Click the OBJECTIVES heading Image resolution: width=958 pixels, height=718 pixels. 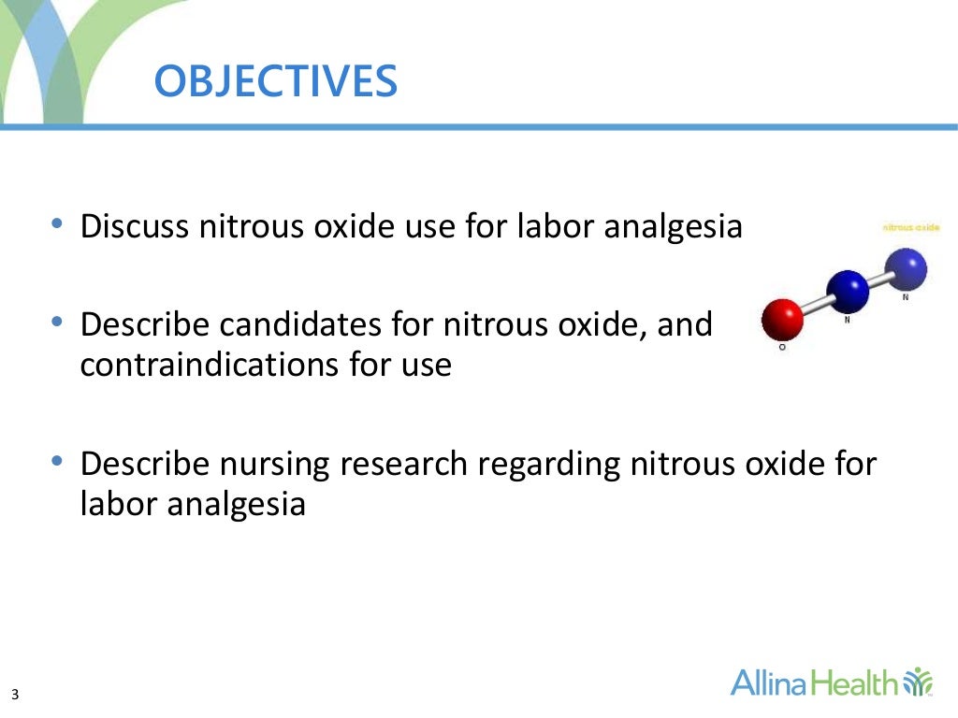pos(276,81)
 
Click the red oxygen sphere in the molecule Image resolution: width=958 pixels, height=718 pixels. pos(782,319)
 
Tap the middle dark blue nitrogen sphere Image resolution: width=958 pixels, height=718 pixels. pos(849,290)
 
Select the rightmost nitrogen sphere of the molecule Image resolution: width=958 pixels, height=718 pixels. pos(906,268)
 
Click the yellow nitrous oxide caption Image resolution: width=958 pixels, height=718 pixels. pos(911,227)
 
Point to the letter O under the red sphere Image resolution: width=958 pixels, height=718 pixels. pos(781,348)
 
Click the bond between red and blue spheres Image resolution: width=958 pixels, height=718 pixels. pos(816,304)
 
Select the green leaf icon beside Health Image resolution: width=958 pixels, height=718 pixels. pos(920,682)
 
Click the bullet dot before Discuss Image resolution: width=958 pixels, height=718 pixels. pos(58,224)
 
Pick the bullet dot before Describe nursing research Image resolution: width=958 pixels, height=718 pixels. pos(58,462)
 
